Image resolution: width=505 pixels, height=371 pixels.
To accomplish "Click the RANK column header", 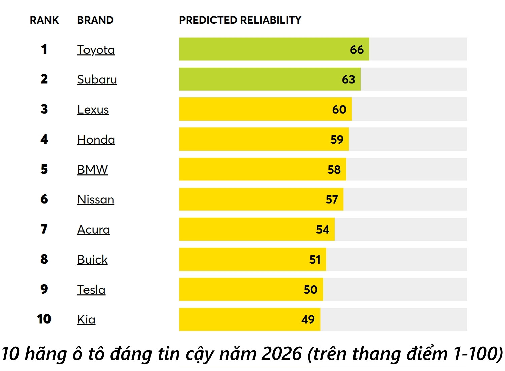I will (x=44, y=20).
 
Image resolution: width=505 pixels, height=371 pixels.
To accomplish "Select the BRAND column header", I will (x=95, y=20).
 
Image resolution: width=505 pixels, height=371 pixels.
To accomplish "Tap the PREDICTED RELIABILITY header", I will (x=240, y=20).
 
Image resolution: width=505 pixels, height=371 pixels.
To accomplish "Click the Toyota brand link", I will (x=96, y=50).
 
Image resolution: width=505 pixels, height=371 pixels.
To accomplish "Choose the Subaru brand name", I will (x=97, y=79).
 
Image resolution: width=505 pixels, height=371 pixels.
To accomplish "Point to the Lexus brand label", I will (x=93, y=110).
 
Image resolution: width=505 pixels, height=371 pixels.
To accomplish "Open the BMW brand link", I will (x=93, y=169).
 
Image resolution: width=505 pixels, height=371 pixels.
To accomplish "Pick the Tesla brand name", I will (x=91, y=290).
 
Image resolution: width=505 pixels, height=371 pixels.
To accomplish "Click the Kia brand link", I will (x=86, y=319).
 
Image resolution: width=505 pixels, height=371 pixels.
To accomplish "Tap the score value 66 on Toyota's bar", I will (x=357, y=50).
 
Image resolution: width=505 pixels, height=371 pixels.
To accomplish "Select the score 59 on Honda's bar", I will (x=337, y=140).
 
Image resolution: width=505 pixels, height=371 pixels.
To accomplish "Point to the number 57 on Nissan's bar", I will (x=332, y=200).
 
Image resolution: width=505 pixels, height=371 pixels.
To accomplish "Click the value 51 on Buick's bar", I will (x=315, y=260).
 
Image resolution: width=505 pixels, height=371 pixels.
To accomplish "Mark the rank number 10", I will (x=44, y=319).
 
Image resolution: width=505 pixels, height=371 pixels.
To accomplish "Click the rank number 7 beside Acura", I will (x=44, y=229).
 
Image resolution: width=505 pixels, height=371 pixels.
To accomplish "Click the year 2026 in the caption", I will (x=281, y=354).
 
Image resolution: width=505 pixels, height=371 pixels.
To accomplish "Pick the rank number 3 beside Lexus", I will (x=44, y=109).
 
